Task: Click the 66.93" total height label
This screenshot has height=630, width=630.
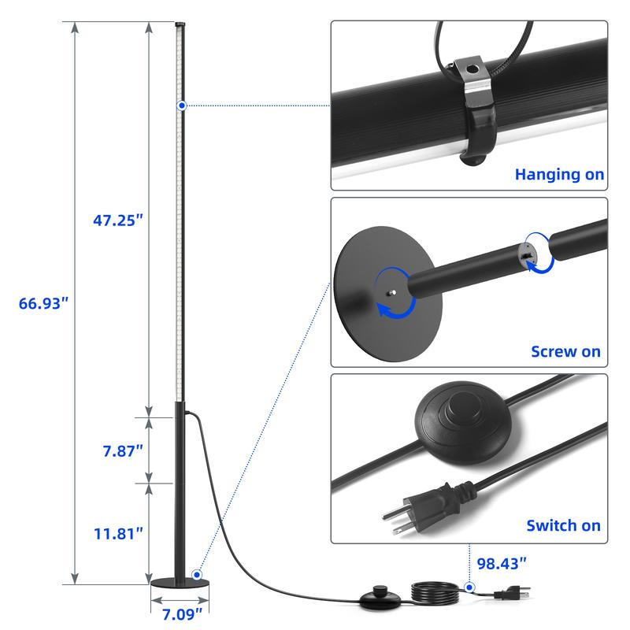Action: [x=44, y=303]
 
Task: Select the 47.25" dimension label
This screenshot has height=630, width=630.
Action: [x=118, y=220]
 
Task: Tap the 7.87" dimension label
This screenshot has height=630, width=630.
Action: [x=123, y=450]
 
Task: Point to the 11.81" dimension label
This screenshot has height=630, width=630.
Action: [x=119, y=534]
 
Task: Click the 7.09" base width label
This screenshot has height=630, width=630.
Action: [x=182, y=614]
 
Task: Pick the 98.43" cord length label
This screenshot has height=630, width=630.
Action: [x=502, y=564]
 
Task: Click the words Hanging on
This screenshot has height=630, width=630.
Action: [x=560, y=174]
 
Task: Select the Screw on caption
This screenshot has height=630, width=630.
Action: [x=565, y=351]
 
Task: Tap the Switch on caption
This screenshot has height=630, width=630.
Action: [x=563, y=525]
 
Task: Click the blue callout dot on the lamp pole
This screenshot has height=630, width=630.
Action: [x=182, y=106]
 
